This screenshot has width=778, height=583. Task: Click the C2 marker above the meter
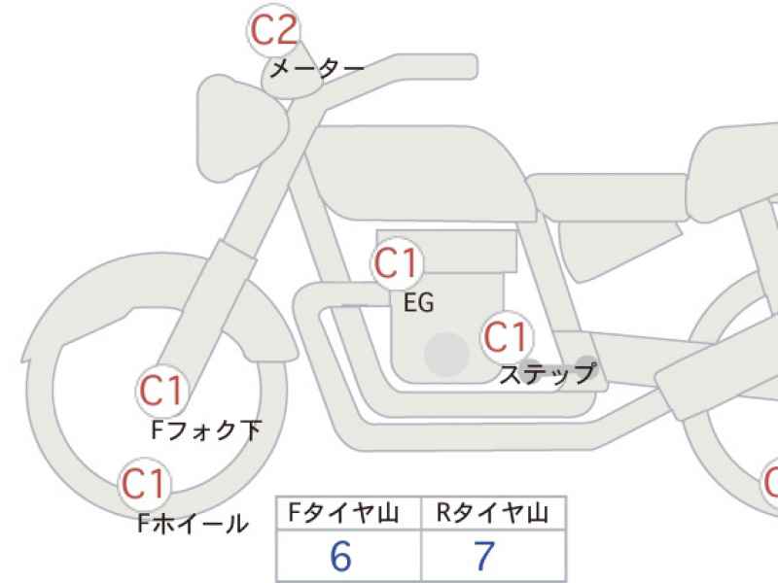pyautogui.click(x=273, y=30)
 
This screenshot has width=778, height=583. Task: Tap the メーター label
pyautogui.click(x=316, y=68)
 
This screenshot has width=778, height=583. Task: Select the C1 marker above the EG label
pyautogui.click(x=397, y=263)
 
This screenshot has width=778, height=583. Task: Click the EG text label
pyautogui.click(x=419, y=302)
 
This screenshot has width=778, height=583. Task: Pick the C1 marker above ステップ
pyautogui.click(x=507, y=337)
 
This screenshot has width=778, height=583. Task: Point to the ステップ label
pyautogui.click(x=547, y=374)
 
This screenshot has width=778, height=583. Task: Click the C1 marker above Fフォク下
pyautogui.click(x=162, y=391)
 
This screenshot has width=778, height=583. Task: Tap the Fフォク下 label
pyautogui.click(x=206, y=429)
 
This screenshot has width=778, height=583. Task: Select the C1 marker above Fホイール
pyautogui.click(x=144, y=484)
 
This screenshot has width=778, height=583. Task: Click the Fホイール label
pyautogui.click(x=193, y=523)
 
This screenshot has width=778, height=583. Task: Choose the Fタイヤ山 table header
pyautogui.click(x=344, y=513)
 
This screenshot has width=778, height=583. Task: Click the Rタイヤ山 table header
pyautogui.click(x=493, y=513)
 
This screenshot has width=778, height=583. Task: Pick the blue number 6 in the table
pyautogui.click(x=341, y=555)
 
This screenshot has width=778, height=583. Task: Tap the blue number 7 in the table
pyautogui.click(x=484, y=555)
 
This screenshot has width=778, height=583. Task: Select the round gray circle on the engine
pyautogui.click(x=446, y=354)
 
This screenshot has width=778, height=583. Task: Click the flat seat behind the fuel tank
pyautogui.click(x=608, y=197)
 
